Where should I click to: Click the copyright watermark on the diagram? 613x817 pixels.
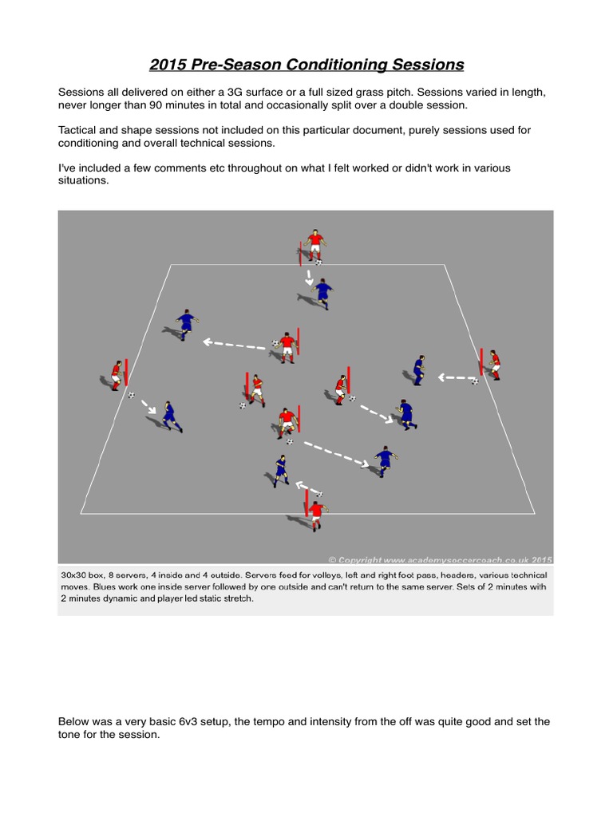pos(440,559)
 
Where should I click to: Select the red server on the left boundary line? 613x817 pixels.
pos(118,375)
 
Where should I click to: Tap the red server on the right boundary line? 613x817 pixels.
pos(494,365)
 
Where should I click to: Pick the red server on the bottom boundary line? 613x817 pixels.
pos(316,513)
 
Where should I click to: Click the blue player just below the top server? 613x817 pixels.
pos(322,294)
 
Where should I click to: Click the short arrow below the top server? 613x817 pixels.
pos(309,278)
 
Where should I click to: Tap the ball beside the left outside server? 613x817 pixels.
pos(132,395)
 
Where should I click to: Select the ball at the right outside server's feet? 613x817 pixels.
pos(475,381)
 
